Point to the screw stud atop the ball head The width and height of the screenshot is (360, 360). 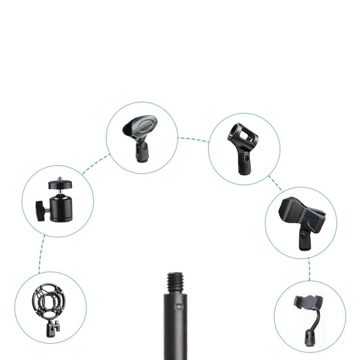tap(58, 178)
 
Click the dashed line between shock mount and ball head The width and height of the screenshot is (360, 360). tap(41, 254)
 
